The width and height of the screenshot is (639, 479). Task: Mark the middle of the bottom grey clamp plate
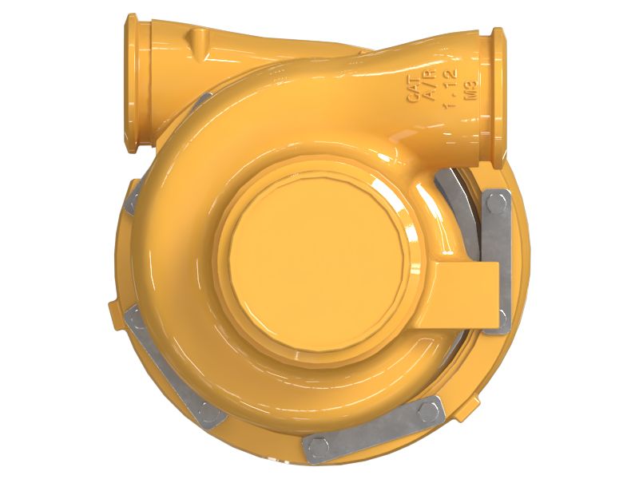372,430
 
